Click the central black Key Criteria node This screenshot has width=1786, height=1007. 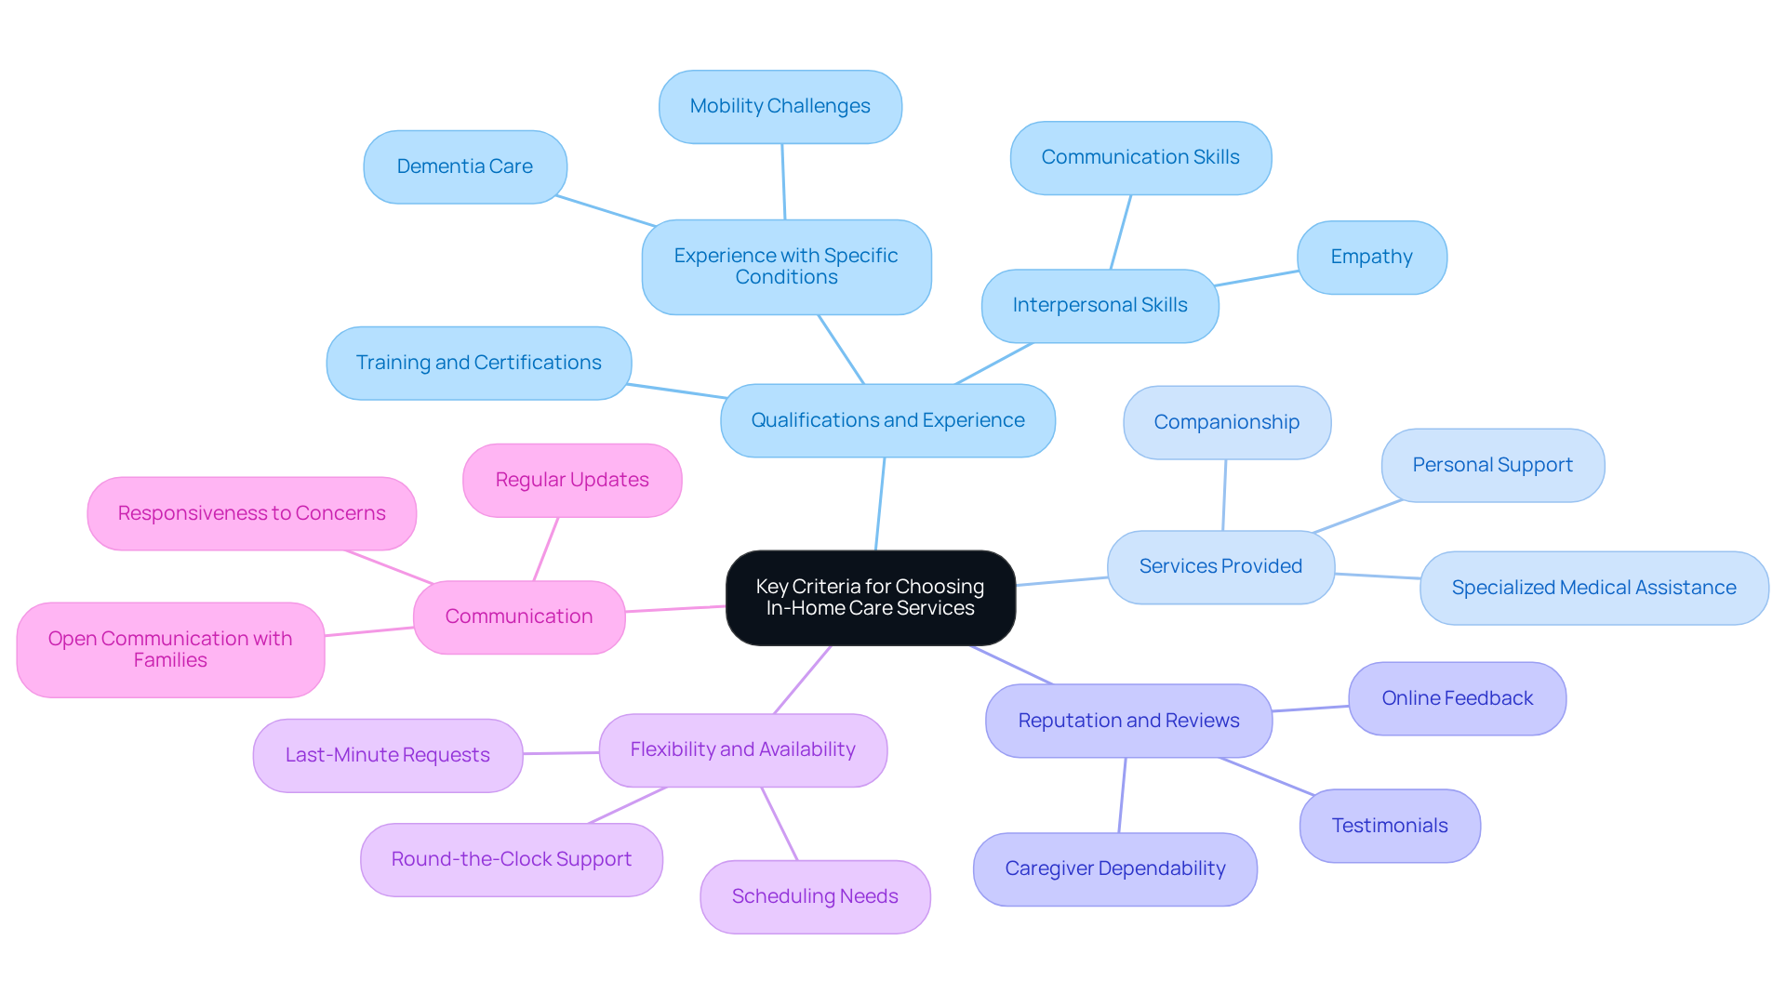coord(870,597)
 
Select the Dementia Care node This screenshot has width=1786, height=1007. coord(464,166)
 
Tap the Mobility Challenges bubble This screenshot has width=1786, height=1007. coord(780,106)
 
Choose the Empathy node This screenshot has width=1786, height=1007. coord(1371,257)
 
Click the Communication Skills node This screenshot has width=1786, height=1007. coord(1140,157)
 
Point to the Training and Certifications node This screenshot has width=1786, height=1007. coord(478,363)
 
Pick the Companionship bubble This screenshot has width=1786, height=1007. coord(1226,422)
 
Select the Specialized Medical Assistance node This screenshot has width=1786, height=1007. coord(1593,588)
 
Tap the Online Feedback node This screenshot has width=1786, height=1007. coord(1457,698)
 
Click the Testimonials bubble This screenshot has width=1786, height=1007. coord(1389,826)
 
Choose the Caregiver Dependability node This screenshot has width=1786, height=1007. coord(1114,868)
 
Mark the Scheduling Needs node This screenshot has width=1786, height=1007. coord(815,896)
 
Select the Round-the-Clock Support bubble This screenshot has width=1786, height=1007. coord(511,859)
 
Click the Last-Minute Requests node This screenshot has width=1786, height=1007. coord(387,755)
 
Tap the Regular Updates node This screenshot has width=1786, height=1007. coord(571,480)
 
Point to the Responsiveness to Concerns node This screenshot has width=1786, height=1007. coord(251,513)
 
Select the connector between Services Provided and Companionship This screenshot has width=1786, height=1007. coord(1224,495)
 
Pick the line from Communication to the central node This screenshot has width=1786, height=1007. coord(675,609)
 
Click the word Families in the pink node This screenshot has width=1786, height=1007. coord(170,661)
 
